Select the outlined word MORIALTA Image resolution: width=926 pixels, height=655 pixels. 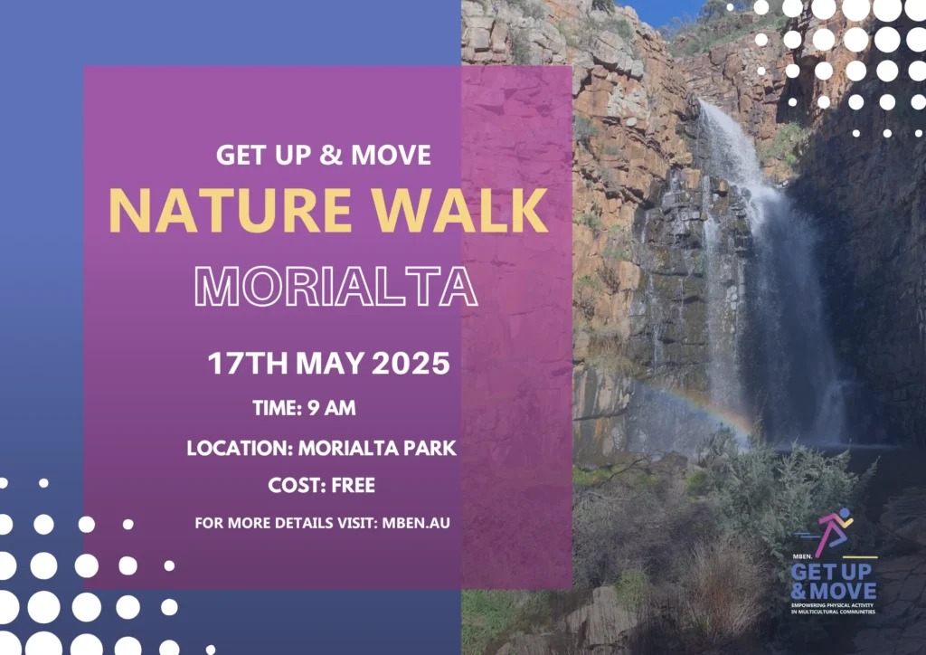click(x=336, y=287)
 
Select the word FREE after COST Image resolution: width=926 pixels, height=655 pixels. click(x=354, y=486)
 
